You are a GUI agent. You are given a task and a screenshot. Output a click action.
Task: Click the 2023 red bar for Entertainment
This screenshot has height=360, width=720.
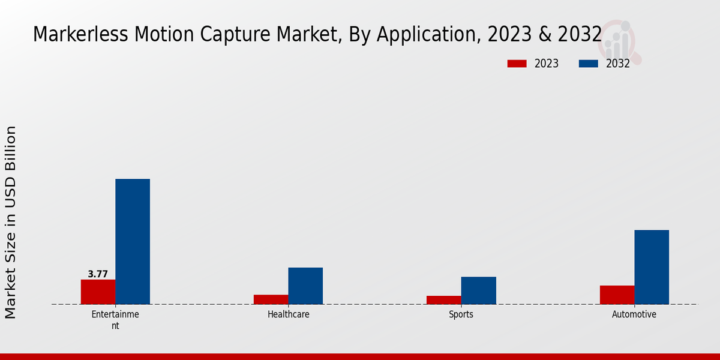click(98, 292)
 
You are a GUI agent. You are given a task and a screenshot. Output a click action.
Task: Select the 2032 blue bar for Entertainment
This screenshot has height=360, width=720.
click(133, 241)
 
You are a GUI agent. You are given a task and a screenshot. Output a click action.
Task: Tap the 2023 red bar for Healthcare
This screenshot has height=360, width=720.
click(271, 299)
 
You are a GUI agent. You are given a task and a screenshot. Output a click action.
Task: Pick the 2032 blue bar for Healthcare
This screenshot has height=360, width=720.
click(305, 286)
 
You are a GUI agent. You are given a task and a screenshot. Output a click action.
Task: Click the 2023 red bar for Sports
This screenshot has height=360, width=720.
click(444, 300)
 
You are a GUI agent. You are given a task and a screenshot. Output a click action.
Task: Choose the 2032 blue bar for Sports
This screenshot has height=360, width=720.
click(478, 290)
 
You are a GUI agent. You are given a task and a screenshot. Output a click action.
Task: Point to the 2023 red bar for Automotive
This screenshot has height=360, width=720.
click(617, 295)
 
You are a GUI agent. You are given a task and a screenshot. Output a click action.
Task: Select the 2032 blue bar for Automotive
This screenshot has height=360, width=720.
click(652, 267)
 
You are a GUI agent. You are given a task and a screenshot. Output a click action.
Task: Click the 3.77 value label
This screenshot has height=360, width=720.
click(98, 274)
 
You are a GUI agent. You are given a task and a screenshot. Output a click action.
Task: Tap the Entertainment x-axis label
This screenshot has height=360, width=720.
click(115, 320)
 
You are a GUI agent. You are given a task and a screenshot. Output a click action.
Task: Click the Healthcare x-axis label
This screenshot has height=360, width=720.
click(289, 314)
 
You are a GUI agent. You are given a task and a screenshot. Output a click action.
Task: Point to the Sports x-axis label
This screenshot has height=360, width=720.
click(461, 314)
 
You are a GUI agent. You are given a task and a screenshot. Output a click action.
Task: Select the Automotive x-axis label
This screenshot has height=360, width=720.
click(634, 314)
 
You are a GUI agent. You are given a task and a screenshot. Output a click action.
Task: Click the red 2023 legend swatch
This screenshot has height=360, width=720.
click(517, 64)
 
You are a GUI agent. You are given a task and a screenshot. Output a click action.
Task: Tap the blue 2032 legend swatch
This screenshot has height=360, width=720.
click(588, 64)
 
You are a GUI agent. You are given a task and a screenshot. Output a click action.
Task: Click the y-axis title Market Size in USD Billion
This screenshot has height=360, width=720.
click(11, 222)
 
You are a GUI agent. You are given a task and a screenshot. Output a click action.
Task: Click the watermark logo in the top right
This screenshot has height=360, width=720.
click(619, 41)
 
